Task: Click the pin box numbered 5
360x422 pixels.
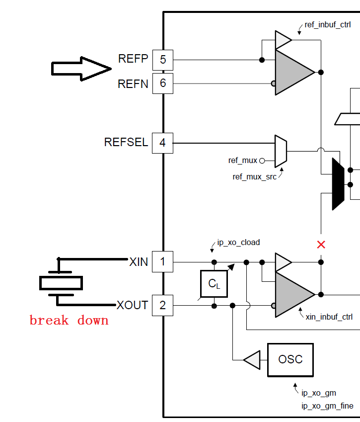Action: point(162,60)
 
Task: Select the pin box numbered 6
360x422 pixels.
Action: point(162,83)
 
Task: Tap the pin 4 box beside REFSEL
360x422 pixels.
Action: point(162,143)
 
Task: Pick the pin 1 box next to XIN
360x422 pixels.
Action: point(162,261)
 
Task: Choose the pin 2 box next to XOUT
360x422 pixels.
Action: point(162,305)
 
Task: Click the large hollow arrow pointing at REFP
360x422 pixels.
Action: point(81,69)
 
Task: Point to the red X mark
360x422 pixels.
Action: point(321,244)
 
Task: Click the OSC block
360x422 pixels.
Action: point(290,359)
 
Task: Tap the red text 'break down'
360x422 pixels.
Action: point(69,320)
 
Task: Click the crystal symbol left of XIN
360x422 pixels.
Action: point(61,283)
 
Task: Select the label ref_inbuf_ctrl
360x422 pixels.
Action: point(328,24)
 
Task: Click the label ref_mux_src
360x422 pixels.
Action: point(255,176)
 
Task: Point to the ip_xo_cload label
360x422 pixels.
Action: point(238,243)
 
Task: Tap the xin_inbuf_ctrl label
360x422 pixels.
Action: point(329,316)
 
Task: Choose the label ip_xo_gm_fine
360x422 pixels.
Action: point(327,406)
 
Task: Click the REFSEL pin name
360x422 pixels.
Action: point(126,143)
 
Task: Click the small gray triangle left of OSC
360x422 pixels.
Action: point(253,359)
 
